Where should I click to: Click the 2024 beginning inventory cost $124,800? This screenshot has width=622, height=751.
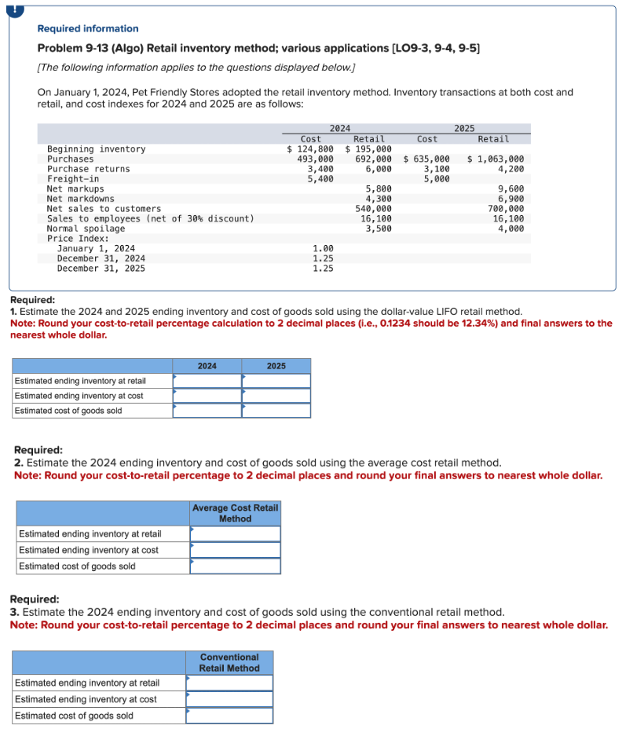pyautogui.click(x=310, y=149)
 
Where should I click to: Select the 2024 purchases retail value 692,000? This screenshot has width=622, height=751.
pyautogui.click(x=374, y=159)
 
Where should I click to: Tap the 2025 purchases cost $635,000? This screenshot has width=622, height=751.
pyautogui.click(x=426, y=159)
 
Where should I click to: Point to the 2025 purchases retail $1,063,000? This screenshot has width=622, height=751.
pyautogui.click(x=496, y=159)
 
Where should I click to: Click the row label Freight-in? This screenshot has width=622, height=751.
pyautogui.click(x=73, y=179)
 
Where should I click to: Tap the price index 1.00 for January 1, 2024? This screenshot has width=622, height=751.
pyautogui.click(x=323, y=248)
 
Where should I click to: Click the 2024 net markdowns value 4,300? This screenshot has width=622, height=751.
pyautogui.click(x=379, y=199)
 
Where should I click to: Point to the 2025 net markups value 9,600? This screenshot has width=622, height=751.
pyautogui.click(x=511, y=189)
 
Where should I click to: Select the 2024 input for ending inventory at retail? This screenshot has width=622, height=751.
pyautogui.click(x=207, y=381)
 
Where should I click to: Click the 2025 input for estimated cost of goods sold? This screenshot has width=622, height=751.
pyautogui.click(x=276, y=411)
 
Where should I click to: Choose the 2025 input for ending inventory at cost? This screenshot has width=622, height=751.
pyautogui.click(x=276, y=396)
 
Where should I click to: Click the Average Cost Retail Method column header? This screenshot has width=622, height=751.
pyautogui.click(x=235, y=513)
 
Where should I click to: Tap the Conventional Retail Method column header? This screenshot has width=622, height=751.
pyautogui.click(x=229, y=662)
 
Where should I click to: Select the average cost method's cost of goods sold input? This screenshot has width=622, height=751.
pyautogui.click(x=236, y=566)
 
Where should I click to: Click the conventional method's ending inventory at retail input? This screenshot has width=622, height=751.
pyautogui.click(x=230, y=683)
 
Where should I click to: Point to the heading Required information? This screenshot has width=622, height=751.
pyautogui.click(x=88, y=28)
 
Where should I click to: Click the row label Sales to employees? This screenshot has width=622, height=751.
pyautogui.click(x=150, y=219)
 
